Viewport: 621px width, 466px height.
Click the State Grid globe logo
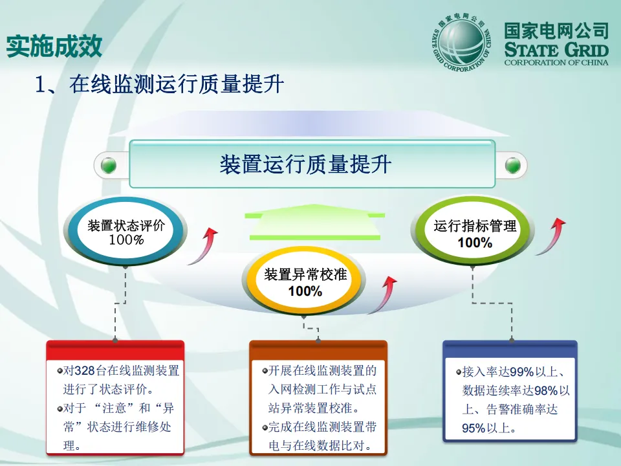[x=461, y=43]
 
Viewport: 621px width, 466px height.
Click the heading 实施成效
[x=54, y=46]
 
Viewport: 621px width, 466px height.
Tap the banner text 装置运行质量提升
[x=305, y=164]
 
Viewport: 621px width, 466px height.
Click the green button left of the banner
[x=109, y=166]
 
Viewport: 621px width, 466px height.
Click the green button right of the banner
[x=513, y=165]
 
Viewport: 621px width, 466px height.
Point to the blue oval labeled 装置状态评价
[x=126, y=232]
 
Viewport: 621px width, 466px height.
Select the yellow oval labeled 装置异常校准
[x=305, y=282]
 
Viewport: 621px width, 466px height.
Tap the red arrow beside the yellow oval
[x=386, y=294]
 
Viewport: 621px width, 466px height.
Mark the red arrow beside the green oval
[x=550, y=236]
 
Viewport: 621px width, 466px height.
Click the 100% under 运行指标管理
[x=475, y=243]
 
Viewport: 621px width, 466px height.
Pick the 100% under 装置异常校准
[x=305, y=292]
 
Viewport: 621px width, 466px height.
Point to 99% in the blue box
[x=521, y=372]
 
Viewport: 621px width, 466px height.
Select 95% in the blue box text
[x=474, y=428]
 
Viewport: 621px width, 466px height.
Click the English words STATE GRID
[x=556, y=50]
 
